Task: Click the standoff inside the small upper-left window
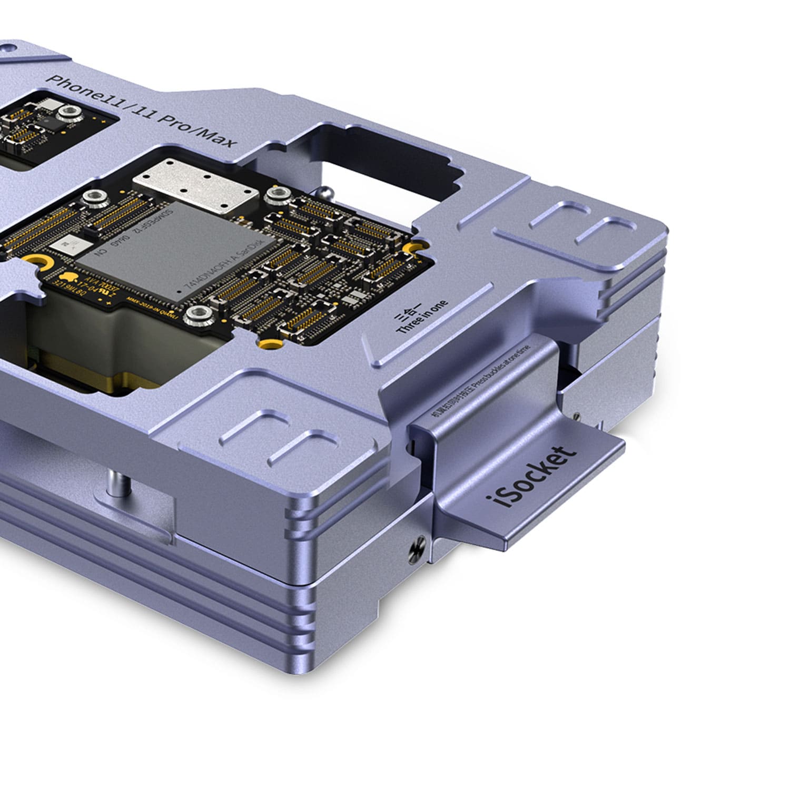click(68, 112)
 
